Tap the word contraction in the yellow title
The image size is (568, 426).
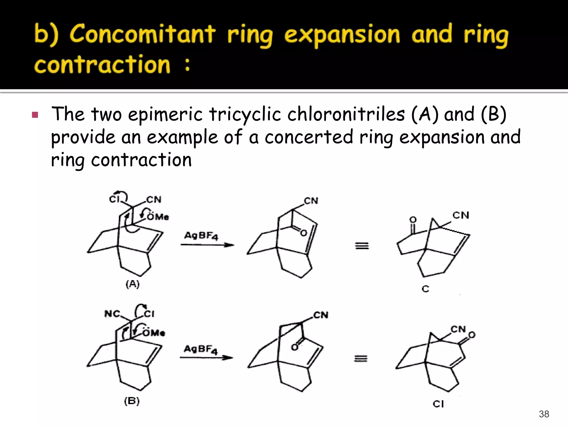click(x=102, y=64)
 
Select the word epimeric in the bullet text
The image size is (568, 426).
click(x=165, y=114)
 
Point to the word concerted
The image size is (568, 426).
click(x=309, y=137)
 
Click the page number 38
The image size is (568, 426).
click(x=544, y=414)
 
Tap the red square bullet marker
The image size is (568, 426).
click(x=35, y=115)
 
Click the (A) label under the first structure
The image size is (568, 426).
click(x=133, y=284)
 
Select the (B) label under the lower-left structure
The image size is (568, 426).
click(x=132, y=401)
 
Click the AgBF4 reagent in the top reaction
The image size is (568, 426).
click(x=201, y=236)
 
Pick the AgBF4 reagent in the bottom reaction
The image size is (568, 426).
click(x=201, y=349)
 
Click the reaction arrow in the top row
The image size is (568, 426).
click(x=207, y=245)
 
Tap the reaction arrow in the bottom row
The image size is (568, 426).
click(x=206, y=358)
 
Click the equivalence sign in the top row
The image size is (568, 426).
click(x=362, y=246)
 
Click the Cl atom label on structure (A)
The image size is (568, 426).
click(x=114, y=199)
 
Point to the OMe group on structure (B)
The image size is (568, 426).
click(x=154, y=333)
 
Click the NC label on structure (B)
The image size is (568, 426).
click(x=112, y=314)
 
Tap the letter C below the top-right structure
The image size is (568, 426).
click(x=425, y=289)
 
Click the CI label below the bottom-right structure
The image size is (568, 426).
click(x=438, y=404)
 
